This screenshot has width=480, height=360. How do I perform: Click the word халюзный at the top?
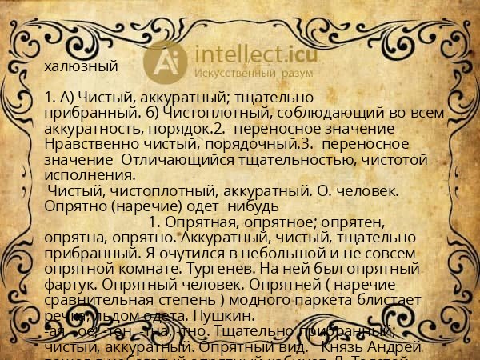pos(81,67)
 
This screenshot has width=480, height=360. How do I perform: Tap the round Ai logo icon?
pos(165,62)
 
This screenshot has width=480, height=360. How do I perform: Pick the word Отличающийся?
pos(172,159)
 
